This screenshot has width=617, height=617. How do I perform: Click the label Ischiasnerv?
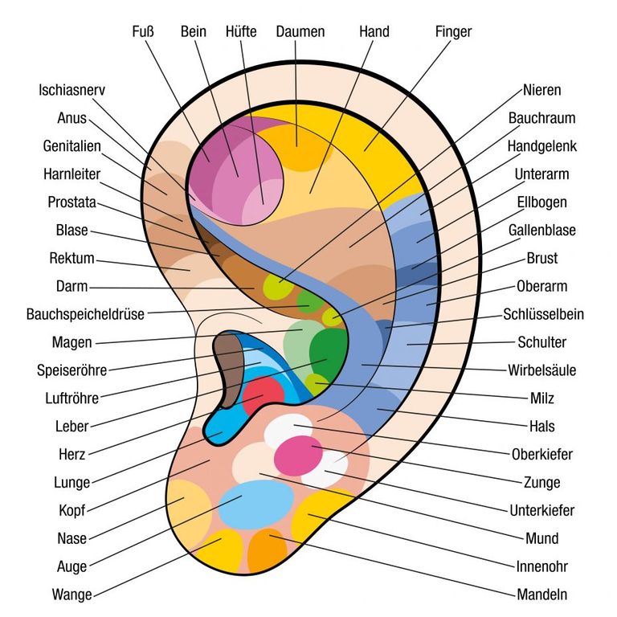pyautogui.click(x=72, y=90)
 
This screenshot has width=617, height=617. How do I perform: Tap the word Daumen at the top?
pyautogui.click(x=300, y=32)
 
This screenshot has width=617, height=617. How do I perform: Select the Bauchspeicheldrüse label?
pyautogui.click(x=85, y=314)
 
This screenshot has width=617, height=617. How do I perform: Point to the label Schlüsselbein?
pyautogui.click(x=543, y=314)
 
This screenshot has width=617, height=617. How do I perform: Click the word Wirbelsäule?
pyautogui.click(x=541, y=370)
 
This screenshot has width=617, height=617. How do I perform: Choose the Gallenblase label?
pyautogui.click(x=541, y=231)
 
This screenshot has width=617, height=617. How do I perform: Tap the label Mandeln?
pyautogui.click(x=541, y=595)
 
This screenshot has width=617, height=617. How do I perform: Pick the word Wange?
pyautogui.click(x=72, y=595)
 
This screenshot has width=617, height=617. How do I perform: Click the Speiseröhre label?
pyautogui.click(x=72, y=370)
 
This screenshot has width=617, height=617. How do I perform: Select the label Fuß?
pyautogui.click(x=143, y=32)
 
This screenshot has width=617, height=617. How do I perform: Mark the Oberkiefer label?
pyautogui.click(x=541, y=455)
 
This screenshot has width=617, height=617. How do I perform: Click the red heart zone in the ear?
pyautogui.click(x=263, y=394)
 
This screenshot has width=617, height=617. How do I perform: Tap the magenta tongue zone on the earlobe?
pyautogui.click(x=298, y=456)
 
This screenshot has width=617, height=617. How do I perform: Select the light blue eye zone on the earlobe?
pyautogui.click(x=256, y=505)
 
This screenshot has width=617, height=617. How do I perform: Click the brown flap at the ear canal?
pyautogui.click(x=229, y=368)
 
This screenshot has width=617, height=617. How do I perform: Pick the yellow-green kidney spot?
pyautogui.click(x=278, y=287)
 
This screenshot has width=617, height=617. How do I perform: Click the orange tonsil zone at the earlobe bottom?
pyautogui.click(x=268, y=550)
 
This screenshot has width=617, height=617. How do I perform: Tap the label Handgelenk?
pyautogui.click(x=541, y=146)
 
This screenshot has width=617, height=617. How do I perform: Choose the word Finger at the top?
pyautogui.click(x=453, y=32)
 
